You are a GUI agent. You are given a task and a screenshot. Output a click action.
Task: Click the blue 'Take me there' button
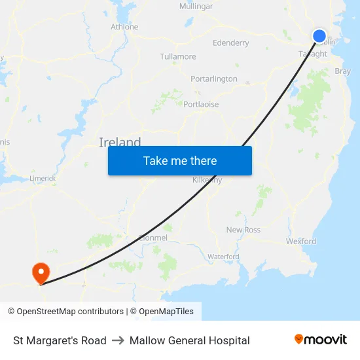[179, 160]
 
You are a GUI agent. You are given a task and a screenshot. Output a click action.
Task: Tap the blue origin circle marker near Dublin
[319, 36]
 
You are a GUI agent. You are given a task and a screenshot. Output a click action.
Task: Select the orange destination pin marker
[41, 272]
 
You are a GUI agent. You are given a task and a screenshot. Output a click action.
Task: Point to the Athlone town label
[124, 27]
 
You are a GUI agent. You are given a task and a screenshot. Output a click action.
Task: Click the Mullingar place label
[196, 7]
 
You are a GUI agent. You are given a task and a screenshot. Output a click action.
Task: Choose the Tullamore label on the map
[178, 57]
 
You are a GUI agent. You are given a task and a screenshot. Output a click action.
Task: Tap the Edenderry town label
[231, 43]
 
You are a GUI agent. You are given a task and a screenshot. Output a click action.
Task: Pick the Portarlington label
[214, 79]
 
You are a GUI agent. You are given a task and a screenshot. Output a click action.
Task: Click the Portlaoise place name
[201, 104]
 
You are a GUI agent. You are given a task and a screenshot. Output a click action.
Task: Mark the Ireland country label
[120, 142]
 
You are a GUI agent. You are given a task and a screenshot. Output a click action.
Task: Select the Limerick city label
[43, 178]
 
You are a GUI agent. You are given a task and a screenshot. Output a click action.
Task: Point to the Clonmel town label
[153, 238]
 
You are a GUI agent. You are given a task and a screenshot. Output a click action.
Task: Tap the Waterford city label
[223, 257]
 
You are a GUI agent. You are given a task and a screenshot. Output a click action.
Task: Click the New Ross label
[243, 230]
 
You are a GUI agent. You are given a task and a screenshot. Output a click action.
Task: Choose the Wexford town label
[301, 242]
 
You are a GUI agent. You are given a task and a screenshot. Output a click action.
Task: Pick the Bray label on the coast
[342, 71]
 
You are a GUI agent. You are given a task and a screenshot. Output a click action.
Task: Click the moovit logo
[321, 340]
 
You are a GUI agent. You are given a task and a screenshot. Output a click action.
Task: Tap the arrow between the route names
[118, 340]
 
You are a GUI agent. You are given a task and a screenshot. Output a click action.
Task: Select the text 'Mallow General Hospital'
[190, 340]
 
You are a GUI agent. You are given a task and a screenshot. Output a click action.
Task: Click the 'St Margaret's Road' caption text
[60, 340]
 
